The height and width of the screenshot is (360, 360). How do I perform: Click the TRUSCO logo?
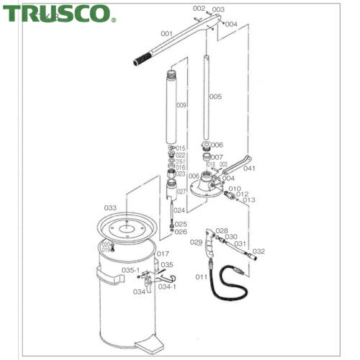58,12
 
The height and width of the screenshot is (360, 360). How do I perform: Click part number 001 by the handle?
167,33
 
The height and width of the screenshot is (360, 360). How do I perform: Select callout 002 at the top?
199,8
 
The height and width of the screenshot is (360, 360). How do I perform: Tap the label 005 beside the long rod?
215,96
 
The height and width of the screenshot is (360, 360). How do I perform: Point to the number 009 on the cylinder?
181,105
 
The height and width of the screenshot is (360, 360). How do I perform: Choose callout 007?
217,157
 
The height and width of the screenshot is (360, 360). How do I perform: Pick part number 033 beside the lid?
109,207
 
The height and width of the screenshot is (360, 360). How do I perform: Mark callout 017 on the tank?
163,253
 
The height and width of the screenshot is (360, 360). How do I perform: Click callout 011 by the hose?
202,276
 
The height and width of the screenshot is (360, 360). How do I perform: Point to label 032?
259,251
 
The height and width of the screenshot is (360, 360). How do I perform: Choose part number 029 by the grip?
197,243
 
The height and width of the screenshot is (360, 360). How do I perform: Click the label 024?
179,210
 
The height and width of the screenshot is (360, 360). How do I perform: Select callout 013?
250,200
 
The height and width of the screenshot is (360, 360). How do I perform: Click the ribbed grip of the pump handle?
144,57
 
